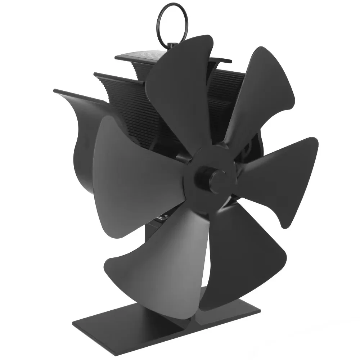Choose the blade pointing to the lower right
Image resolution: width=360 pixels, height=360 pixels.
pos(245,252)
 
